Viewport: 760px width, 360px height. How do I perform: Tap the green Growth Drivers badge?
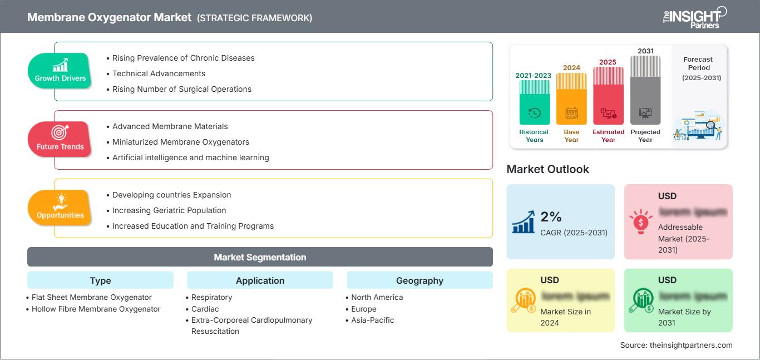[x=60, y=70]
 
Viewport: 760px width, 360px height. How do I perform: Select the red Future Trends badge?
[x=60, y=139]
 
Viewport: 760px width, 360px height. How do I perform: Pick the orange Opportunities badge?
[x=60, y=207]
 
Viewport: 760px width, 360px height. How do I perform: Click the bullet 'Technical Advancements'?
[x=159, y=73]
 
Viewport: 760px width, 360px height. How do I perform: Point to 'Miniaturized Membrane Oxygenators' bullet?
[x=180, y=142]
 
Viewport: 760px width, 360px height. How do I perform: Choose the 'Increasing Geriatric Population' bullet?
[x=169, y=210]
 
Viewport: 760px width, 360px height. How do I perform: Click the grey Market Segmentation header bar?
[x=260, y=257]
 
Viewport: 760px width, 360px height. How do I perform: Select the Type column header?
[x=100, y=280]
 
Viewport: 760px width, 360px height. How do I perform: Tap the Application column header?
[x=260, y=280]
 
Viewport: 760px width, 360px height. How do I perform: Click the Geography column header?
[x=420, y=280]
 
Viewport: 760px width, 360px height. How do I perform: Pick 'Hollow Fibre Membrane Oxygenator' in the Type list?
[x=96, y=309]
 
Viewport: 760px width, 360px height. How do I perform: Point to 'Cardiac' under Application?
[x=205, y=309]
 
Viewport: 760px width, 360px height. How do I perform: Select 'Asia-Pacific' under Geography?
[x=372, y=320]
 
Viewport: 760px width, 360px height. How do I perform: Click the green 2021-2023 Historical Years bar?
[x=534, y=102]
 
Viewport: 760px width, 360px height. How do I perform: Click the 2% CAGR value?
[x=551, y=217]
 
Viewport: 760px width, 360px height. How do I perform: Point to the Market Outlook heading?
[x=547, y=169]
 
